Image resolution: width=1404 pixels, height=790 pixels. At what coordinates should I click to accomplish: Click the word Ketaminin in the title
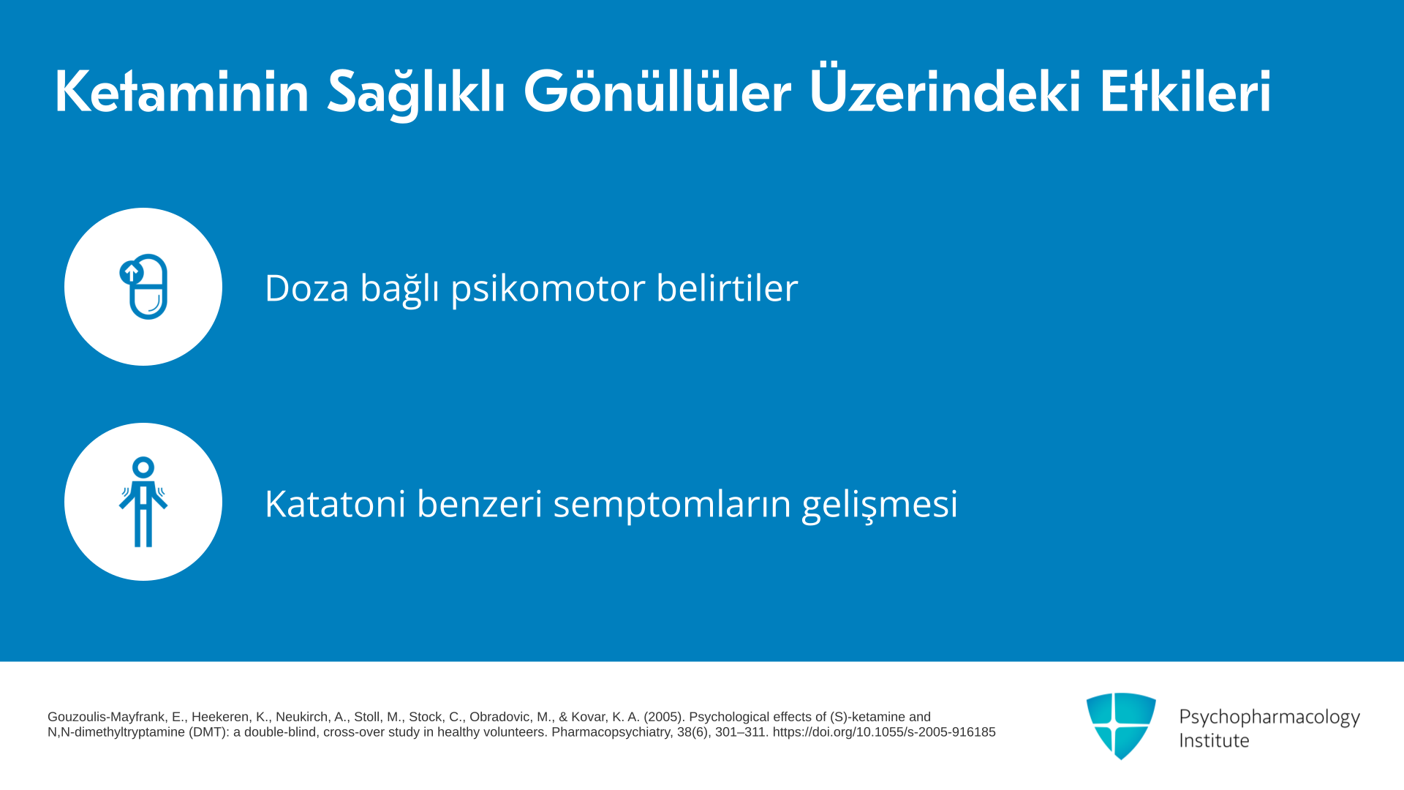click(x=182, y=91)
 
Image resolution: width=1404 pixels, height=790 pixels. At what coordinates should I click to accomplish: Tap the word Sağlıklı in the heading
click(x=416, y=93)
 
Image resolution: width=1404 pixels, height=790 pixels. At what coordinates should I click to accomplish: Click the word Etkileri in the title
click(x=1185, y=91)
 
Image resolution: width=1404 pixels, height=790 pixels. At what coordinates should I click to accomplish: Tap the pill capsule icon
click(x=144, y=287)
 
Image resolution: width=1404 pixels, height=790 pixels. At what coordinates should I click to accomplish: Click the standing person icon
click(x=143, y=502)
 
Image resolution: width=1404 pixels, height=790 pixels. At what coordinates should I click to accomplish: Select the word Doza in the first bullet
click(x=307, y=287)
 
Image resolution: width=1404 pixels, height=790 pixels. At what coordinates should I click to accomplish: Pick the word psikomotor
click(x=548, y=289)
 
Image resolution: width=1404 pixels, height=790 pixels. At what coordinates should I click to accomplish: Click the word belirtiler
click(x=727, y=287)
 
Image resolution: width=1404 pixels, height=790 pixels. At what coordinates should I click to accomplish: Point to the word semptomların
click(x=672, y=505)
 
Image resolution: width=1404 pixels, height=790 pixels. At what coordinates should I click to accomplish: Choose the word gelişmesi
click(x=880, y=505)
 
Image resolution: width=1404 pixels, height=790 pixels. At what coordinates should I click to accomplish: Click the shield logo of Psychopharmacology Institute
click(x=1121, y=726)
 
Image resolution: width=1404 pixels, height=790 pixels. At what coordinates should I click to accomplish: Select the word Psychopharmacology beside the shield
click(x=1269, y=717)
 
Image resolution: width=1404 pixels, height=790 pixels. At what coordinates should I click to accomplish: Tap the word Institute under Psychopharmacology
click(x=1214, y=740)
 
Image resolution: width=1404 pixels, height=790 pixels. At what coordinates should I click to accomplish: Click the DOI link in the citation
click(x=884, y=732)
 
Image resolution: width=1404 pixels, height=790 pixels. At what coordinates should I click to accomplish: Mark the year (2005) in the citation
click(x=663, y=717)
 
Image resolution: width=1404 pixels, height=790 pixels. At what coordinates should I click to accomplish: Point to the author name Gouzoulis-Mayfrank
click(x=106, y=717)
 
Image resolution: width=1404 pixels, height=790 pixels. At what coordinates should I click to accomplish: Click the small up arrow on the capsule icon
click(x=131, y=273)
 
